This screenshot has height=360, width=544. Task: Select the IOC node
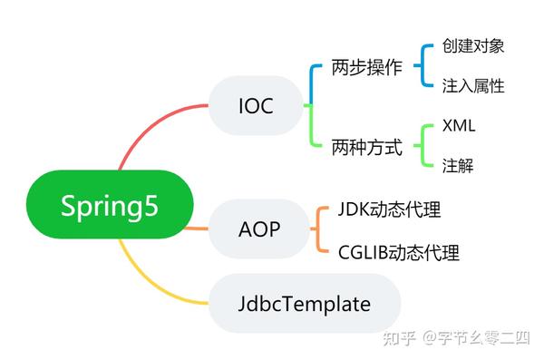(257, 106)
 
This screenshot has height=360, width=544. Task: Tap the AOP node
(258, 229)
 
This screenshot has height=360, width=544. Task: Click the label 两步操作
(366, 68)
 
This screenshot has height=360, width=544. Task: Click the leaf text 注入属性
(473, 86)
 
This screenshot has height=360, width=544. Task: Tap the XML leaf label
(459, 126)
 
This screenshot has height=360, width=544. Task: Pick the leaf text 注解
(457, 166)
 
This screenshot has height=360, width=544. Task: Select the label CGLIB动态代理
(398, 251)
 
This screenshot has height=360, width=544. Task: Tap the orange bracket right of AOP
(318, 229)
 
